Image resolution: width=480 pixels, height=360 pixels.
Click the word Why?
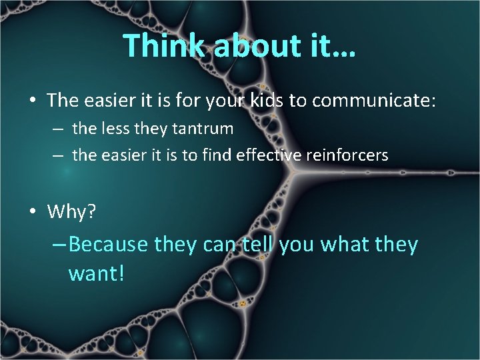(72, 212)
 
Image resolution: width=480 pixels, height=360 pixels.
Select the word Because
(108, 245)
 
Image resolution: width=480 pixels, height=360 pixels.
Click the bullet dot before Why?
(33, 213)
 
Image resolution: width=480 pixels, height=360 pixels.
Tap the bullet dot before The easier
(33, 101)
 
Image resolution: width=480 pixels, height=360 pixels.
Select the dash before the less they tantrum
(59, 128)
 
